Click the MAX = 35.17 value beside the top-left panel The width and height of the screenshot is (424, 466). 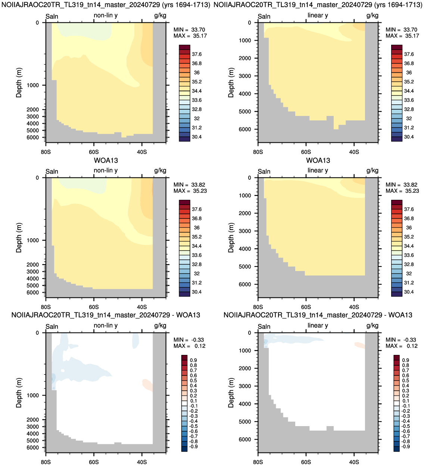(x=190, y=36)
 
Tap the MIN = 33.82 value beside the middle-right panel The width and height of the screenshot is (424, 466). (x=402, y=185)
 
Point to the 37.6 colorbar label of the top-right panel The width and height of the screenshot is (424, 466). (x=409, y=54)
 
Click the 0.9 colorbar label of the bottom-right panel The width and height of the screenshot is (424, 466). (x=405, y=360)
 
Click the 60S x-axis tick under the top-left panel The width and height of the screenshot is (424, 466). (x=94, y=152)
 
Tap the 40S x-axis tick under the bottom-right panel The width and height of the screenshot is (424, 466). (x=354, y=462)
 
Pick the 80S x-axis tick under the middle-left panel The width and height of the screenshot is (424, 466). (x=46, y=307)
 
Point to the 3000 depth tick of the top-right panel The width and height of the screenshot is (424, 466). (x=245, y=76)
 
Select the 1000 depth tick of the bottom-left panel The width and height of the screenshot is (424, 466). (x=33, y=396)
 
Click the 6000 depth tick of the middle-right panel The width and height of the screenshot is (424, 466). (x=245, y=284)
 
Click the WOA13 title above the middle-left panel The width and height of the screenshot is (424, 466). (x=106, y=160)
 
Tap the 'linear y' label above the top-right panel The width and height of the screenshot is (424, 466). (x=318, y=15)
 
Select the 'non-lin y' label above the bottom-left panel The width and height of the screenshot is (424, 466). (x=106, y=325)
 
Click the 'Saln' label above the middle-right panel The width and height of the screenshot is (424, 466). (x=264, y=171)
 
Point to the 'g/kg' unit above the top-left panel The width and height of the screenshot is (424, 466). (x=160, y=16)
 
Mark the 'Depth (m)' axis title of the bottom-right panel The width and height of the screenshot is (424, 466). (x=231, y=393)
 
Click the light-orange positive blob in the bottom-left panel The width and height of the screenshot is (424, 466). (x=148, y=385)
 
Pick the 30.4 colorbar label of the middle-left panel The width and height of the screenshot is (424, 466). (x=197, y=292)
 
